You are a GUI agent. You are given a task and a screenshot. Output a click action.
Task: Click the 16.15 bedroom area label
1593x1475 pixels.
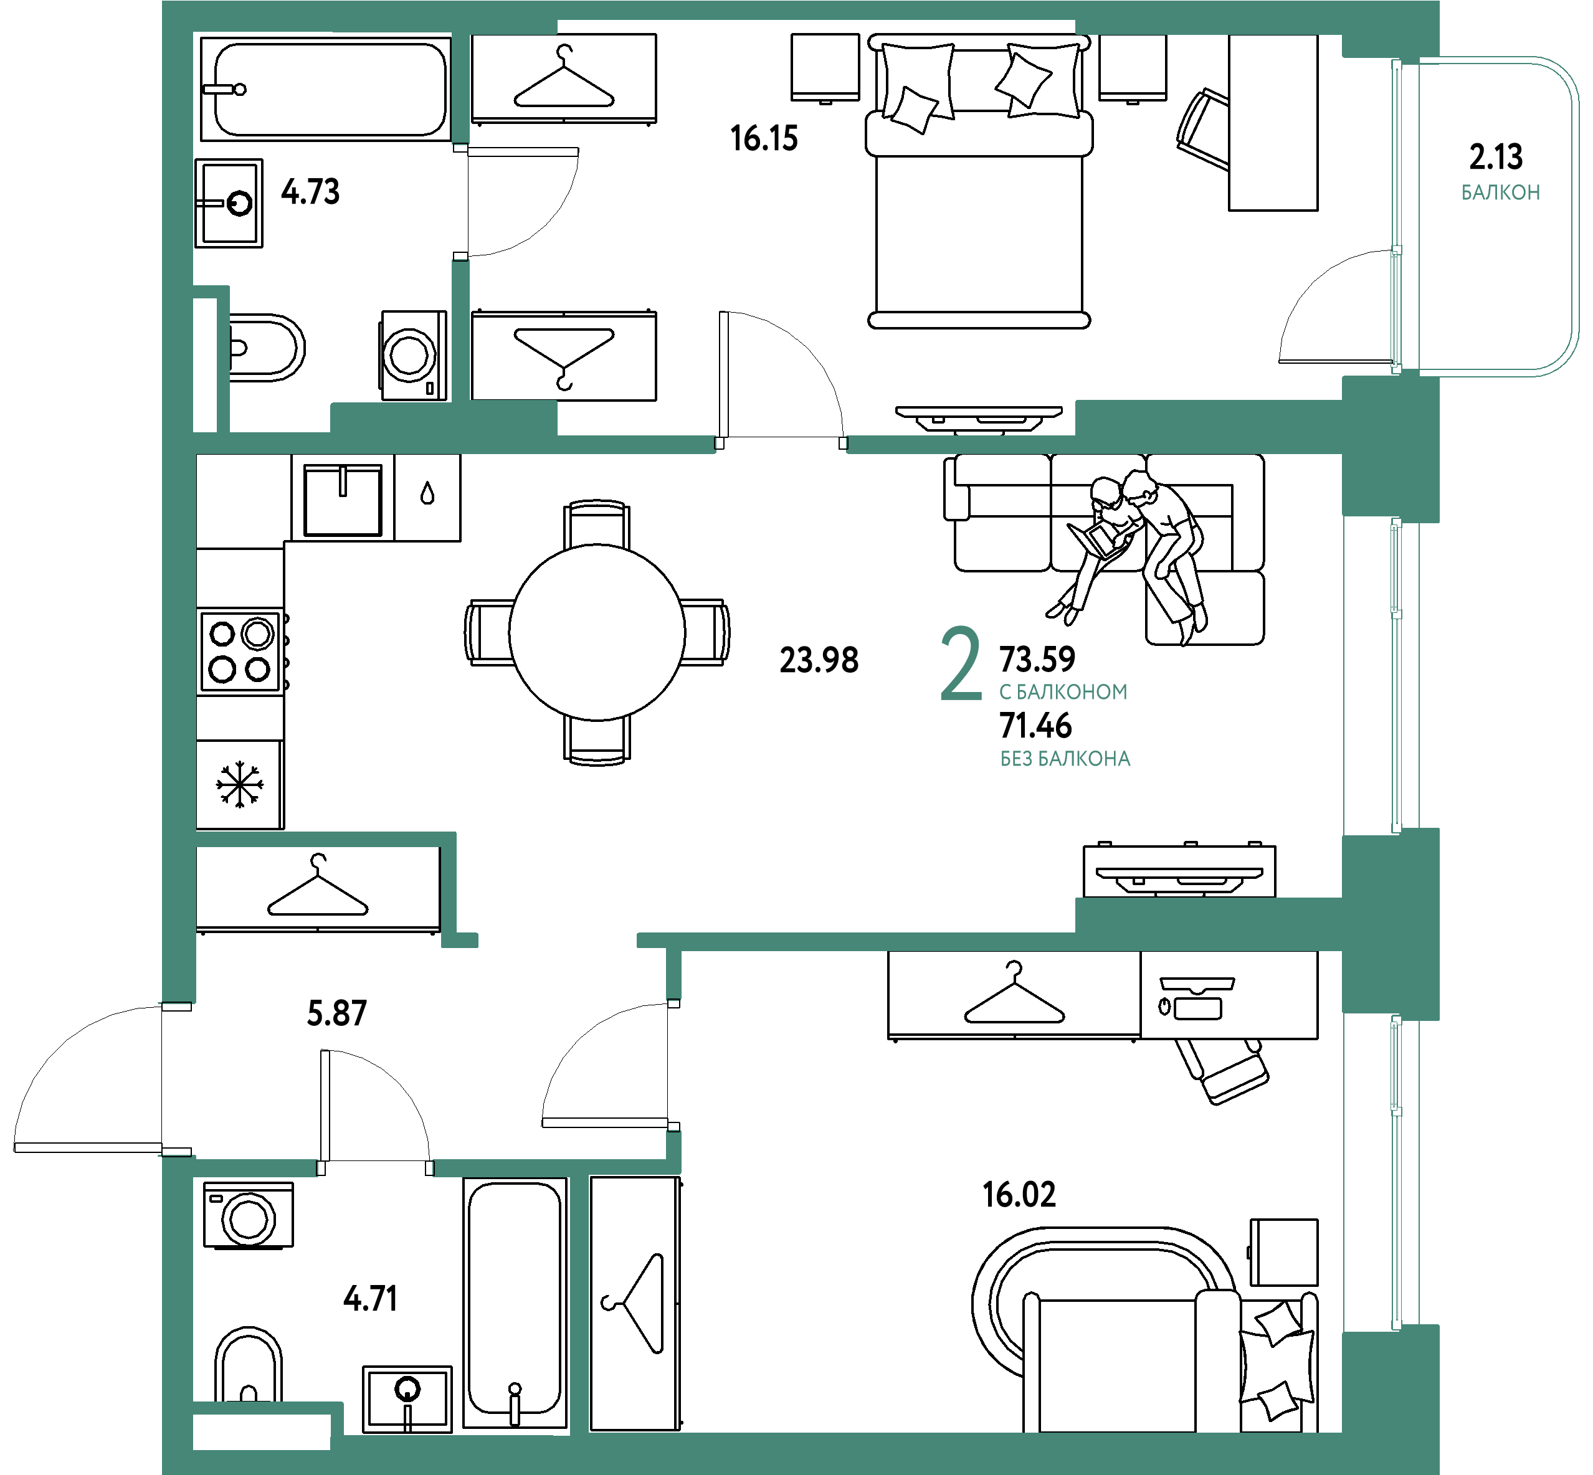[x=764, y=139]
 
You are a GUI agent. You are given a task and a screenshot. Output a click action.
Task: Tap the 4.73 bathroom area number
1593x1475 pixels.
[x=310, y=192]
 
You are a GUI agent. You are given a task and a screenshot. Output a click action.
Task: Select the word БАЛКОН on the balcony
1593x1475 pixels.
[x=1500, y=192]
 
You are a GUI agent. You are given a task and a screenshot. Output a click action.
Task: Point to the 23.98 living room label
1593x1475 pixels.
[x=819, y=660]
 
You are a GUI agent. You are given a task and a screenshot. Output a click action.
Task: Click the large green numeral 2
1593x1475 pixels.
[x=961, y=663]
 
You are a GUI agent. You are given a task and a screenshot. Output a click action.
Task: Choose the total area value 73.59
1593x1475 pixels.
[x=1037, y=659]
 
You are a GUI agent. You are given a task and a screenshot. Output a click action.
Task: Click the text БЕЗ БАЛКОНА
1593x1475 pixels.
[x=1065, y=759]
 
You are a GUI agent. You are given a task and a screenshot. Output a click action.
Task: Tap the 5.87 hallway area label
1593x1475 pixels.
[x=337, y=1013]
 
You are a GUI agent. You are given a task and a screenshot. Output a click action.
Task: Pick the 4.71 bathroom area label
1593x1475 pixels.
[x=369, y=1299]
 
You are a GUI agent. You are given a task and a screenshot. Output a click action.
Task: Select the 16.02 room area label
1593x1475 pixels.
[x=1019, y=1195]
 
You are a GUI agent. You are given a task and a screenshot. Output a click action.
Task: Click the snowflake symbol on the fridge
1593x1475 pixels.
[x=239, y=785]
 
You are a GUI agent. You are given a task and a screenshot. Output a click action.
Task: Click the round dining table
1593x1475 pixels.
[x=597, y=632]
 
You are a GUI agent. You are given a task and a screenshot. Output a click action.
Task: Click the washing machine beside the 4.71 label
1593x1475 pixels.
[x=248, y=1215]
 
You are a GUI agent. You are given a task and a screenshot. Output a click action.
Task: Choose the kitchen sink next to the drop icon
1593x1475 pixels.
[x=343, y=499]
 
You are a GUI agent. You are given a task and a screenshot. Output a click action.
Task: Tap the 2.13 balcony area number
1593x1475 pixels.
[x=1496, y=157]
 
